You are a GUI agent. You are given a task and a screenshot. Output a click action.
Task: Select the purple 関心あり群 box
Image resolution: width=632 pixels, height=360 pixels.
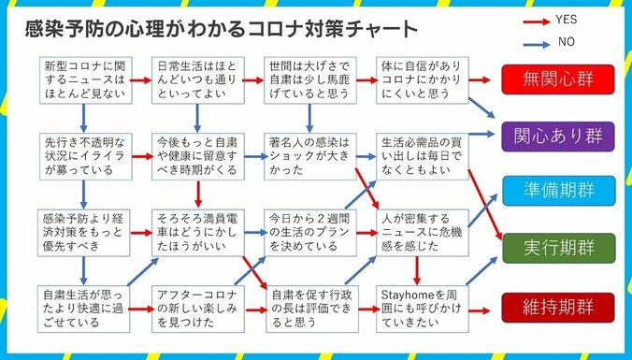(x=560, y=136)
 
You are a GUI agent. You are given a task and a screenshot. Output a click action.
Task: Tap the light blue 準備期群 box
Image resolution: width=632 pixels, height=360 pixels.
(x=560, y=191)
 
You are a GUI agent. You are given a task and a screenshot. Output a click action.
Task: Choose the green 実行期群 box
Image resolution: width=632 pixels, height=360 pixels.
(x=560, y=248)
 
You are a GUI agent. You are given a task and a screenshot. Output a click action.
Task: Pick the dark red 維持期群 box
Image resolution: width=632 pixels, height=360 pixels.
(x=560, y=306)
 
